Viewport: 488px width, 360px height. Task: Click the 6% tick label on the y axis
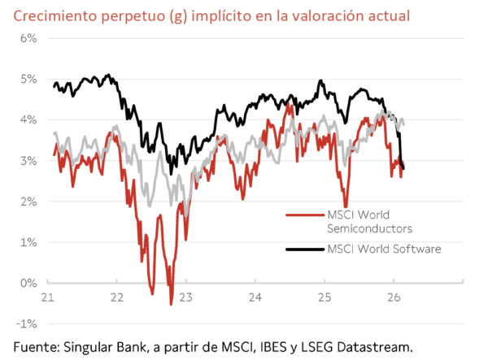28,38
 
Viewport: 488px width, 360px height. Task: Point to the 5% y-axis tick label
28,79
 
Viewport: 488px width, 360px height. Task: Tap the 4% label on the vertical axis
28,119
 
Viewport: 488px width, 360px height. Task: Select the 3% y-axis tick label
28,161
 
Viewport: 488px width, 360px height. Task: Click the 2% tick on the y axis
28,202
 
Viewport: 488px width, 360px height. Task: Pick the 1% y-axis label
28,242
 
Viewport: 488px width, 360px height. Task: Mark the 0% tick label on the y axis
28,283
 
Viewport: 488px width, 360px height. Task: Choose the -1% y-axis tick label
27,323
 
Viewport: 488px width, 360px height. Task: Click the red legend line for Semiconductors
306,215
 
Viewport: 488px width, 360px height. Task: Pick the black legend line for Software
306,249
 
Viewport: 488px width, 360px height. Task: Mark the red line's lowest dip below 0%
171,304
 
